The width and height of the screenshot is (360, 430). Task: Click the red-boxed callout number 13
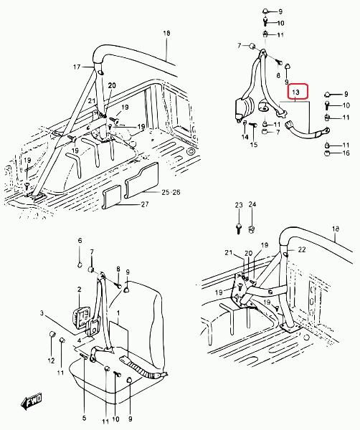click(x=295, y=92)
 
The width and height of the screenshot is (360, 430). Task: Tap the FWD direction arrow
click(x=32, y=402)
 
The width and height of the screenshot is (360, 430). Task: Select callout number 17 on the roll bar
click(x=77, y=67)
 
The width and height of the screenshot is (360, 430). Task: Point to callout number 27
click(x=145, y=204)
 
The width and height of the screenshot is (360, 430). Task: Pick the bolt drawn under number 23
click(x=239, y=228)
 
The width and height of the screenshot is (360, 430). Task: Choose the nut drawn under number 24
click(x=252, y=229)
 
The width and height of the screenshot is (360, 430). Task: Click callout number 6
click(x=80, y=241)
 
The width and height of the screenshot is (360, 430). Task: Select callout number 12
click(x=52, y=360)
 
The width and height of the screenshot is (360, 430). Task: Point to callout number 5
click(x=84, y=418)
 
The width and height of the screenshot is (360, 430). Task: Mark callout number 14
click(x=245, y=137)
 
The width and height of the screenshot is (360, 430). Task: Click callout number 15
click(x=254, y=144)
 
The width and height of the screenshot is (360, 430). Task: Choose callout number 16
click(x=346, y=153)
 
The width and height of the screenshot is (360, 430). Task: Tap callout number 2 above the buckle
click(x=80, y=290)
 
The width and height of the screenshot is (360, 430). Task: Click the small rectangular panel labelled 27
click(x=112, y=197)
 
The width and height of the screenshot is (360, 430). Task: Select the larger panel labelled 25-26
click(x=141, y=180)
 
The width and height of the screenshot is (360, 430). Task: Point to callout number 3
click(x=42, y=313)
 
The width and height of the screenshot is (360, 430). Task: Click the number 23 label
click(x=239, y=205)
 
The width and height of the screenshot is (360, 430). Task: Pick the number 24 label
click(x=252, y=204)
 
